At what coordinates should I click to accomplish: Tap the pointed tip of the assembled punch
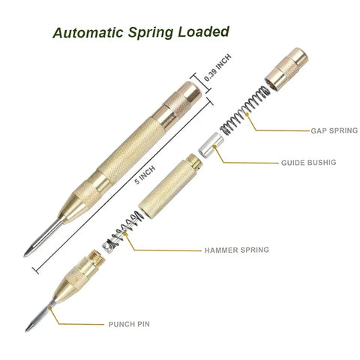[27, 254]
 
